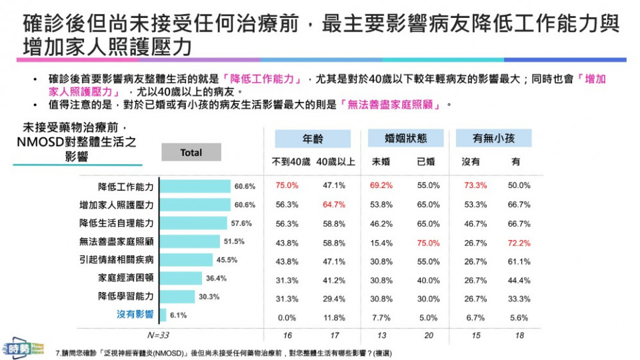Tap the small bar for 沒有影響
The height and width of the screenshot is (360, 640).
163,314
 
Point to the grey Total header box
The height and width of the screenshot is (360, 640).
191,153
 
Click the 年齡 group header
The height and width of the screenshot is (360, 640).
313,138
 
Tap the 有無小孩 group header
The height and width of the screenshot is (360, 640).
493,138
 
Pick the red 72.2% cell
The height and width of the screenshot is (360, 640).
519,241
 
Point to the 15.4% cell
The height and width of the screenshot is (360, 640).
380,241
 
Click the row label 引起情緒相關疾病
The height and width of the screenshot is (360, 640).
117,259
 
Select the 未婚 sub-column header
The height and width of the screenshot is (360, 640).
380,162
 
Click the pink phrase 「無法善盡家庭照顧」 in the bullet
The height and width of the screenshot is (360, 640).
391,105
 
